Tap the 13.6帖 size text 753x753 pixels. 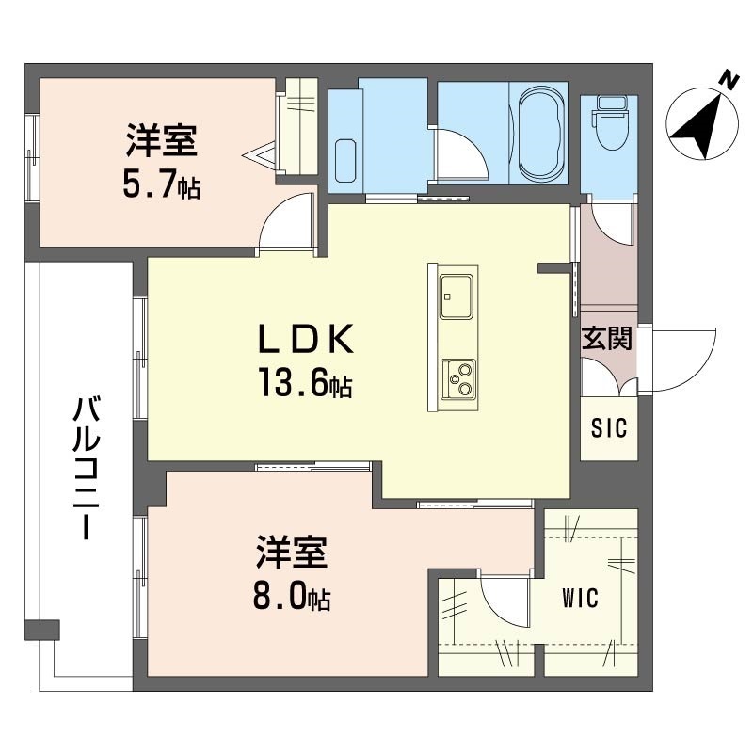(304, 383)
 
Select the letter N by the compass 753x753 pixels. (727, 81)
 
